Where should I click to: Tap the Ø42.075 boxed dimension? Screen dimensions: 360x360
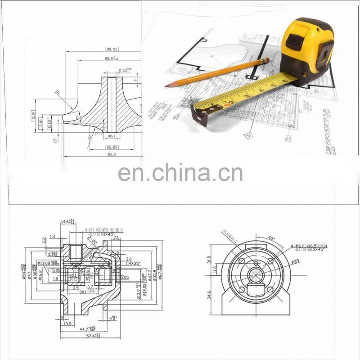coord(112,147)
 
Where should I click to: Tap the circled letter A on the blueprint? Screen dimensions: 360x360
coord(248,134)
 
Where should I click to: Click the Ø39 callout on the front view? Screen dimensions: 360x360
coord(295,261)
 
